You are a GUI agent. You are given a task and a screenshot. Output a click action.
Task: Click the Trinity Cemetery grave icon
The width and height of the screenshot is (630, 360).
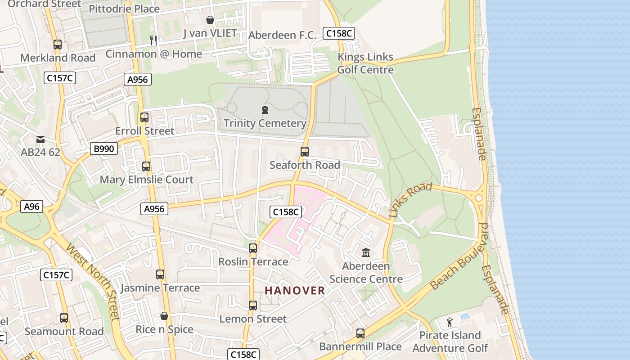[265, 109]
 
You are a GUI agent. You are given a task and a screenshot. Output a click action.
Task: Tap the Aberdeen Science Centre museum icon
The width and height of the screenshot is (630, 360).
[365, 252]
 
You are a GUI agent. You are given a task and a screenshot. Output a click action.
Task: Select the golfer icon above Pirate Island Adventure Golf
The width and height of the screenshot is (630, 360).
[449, 322]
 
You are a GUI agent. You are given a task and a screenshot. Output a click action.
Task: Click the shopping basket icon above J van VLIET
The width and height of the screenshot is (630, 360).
[210, 20]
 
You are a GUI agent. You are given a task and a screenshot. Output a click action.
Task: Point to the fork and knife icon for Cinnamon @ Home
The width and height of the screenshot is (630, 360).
[153, 40]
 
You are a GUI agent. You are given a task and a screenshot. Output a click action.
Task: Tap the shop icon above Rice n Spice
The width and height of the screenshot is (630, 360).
[164, 316]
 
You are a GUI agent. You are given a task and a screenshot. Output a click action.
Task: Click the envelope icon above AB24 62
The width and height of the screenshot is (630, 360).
[40, 139]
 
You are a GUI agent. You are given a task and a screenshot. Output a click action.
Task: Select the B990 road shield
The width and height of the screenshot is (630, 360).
[104, 148]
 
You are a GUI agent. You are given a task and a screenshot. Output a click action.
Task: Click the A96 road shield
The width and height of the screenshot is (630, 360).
[31, 207]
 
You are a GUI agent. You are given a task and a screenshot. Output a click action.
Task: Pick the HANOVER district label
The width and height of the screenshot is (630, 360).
[295, 291]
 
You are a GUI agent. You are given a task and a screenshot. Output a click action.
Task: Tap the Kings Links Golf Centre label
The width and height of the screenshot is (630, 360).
[365, 63]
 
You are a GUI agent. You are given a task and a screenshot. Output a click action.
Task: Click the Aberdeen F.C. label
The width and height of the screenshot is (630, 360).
[283, 35]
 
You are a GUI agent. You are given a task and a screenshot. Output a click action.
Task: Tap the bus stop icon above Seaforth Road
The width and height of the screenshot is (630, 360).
[305, 152]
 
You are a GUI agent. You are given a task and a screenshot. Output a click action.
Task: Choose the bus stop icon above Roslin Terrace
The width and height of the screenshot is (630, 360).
[253, 248]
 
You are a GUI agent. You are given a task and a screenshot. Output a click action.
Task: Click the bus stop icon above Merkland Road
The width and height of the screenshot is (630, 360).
[57, 45]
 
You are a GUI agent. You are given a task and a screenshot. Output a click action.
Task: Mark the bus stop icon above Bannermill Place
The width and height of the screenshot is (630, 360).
[360, 333]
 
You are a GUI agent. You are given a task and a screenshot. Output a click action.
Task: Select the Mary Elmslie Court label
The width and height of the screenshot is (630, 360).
[146, 180]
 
